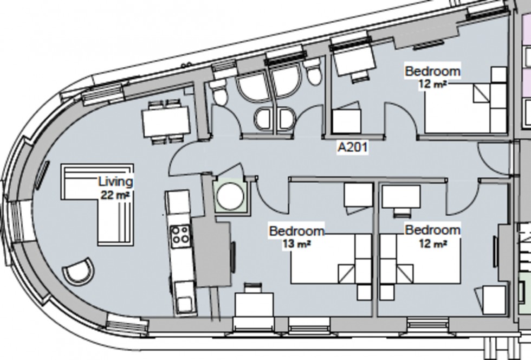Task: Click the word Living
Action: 115,182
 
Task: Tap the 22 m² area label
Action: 115,195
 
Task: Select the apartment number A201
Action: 352,147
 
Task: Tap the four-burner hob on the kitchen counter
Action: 180,236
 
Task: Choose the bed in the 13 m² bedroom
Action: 331,259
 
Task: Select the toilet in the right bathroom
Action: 313,74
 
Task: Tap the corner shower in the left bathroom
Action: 252,87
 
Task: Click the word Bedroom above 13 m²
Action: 296,231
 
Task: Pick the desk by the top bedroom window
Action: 353,61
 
